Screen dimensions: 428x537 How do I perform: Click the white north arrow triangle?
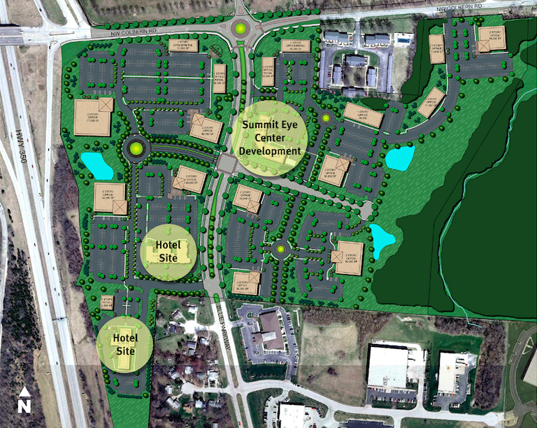coord(24,392)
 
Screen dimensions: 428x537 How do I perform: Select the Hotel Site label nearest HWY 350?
coord(125,344)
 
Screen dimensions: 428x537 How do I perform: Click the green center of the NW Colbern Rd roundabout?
coord(241,29)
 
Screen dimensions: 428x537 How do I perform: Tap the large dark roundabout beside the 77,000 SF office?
coord(134,148)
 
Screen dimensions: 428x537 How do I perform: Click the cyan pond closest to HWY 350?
coord(96,165)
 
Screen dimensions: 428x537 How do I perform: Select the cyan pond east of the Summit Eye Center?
coord(400,158)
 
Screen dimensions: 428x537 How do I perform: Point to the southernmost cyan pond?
coord(382,239)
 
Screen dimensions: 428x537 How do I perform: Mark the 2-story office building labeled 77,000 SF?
coord(93,117)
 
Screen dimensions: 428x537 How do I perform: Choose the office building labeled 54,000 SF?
coord(110,199)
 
